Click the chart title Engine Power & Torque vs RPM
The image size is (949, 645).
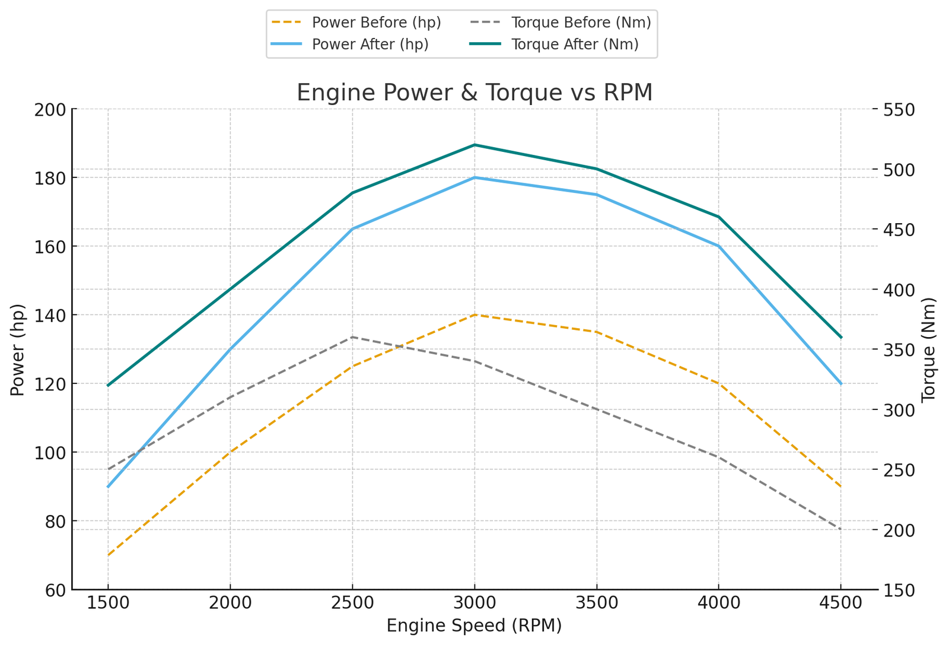(x=474, y=93)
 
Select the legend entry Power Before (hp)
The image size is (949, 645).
(x=376, y=23)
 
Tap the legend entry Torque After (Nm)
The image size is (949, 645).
(x=575, y=45)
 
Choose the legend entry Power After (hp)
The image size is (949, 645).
(x=370, y=45)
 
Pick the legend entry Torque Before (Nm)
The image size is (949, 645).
(x=581, y=23)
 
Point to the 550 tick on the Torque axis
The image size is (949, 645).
(x=900, y=110)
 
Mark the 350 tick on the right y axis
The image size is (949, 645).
(x=900, y=349)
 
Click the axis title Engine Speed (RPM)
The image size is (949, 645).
(x=474, y=626)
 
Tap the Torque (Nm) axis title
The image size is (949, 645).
(x=929, y=350)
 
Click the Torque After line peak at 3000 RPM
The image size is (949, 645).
(x=474, y=145)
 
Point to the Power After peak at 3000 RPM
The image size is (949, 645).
(x=474, y=177)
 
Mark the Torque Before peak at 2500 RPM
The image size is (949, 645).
(x=352, y=337)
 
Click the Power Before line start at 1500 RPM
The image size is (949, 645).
(x=108, y=555)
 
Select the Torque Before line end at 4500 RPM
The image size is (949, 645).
(x=840, y=529)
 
